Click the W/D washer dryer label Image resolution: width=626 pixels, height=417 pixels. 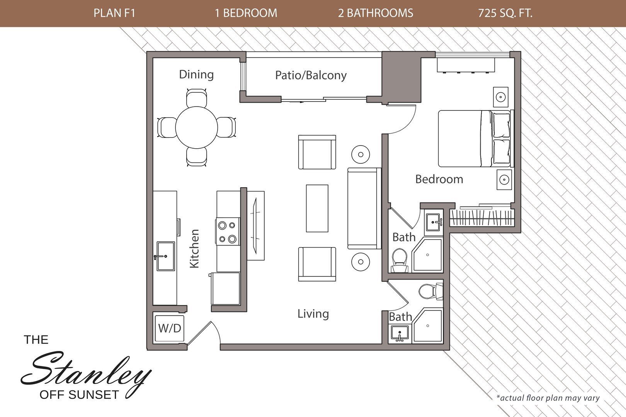tap(170, 328)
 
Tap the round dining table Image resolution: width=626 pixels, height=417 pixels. tap(196, 127)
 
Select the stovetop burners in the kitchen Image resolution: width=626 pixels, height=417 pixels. tap(227, 232)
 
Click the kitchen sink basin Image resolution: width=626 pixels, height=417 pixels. tap(165, 256)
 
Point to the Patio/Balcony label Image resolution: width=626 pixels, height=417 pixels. tap(311, 75)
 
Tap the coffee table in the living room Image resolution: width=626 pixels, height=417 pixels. tap(317, 208)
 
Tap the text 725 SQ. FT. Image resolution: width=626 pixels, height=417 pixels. tap(505, 13)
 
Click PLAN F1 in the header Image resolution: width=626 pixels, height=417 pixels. tap(114, 13)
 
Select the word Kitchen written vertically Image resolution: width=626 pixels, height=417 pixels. tap(194, 248)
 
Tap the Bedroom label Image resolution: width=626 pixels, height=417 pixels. tap(439, 179)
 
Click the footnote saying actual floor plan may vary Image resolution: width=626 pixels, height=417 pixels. tap(548, 398)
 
